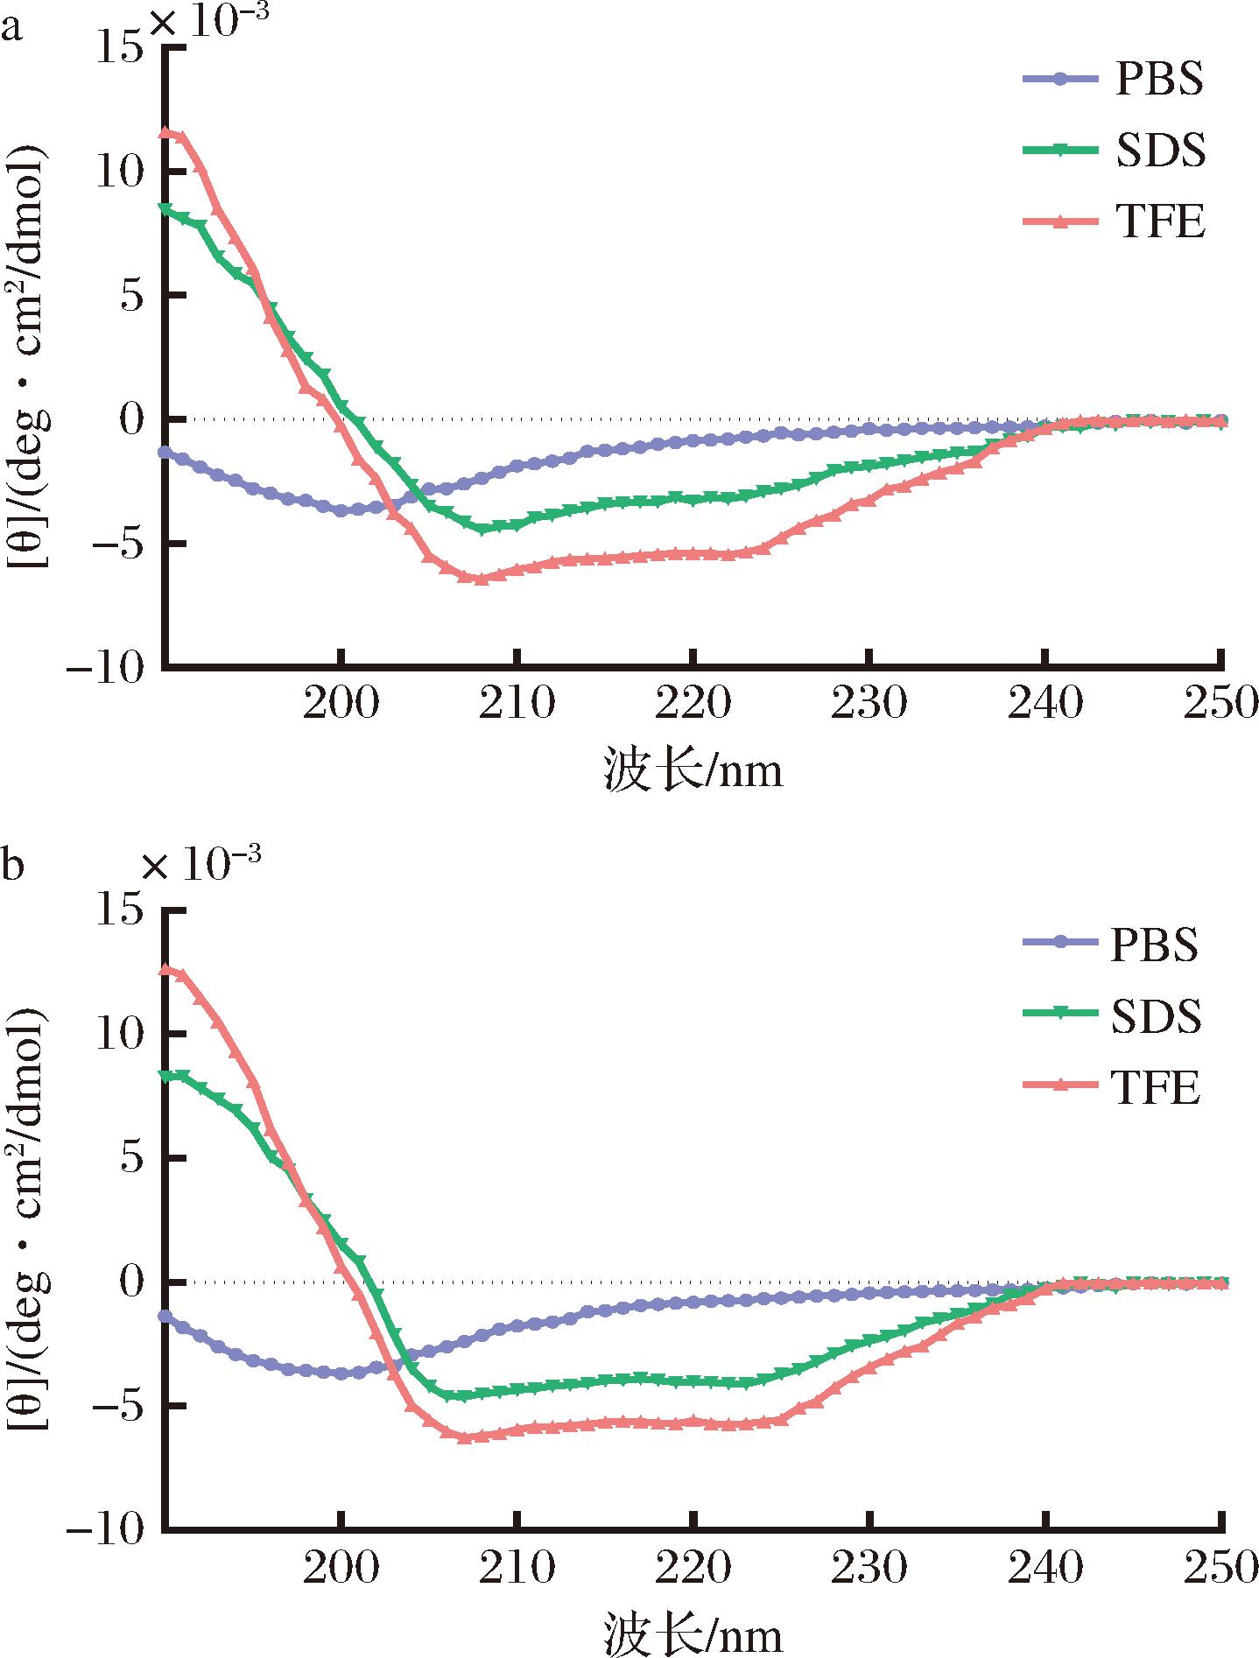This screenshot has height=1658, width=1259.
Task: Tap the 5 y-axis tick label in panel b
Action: [130, 1157]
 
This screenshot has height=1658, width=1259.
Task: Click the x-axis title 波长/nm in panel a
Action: [693, 771]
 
